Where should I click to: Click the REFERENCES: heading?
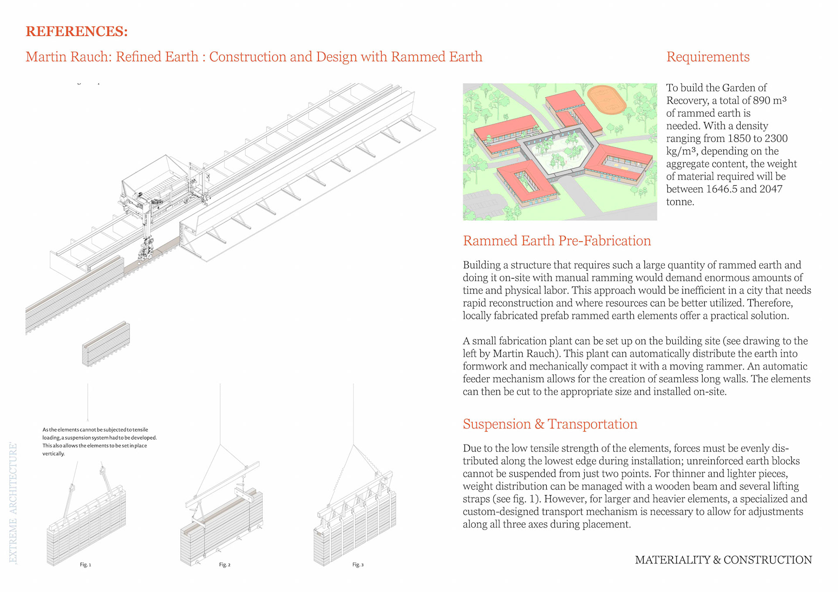coord(76,31)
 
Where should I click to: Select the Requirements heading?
coord(707,57)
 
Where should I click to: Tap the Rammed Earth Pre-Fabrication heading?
coord(556,240)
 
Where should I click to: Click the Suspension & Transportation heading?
coord(550,424)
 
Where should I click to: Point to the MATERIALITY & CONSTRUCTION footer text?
coord(723,560)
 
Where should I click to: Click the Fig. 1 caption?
coord(86,565)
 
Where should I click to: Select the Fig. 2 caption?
coord(224,565)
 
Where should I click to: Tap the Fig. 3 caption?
coord(358,565)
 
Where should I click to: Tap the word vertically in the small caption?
coord(53,454)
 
